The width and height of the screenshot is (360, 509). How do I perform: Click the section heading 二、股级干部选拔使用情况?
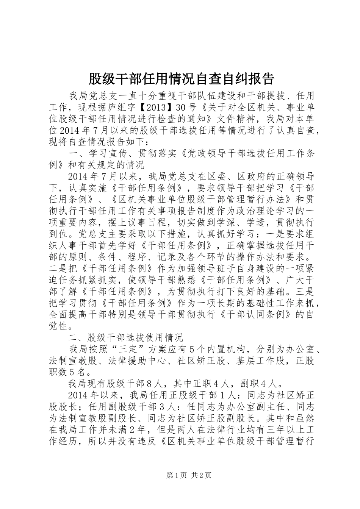click(126, 337)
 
